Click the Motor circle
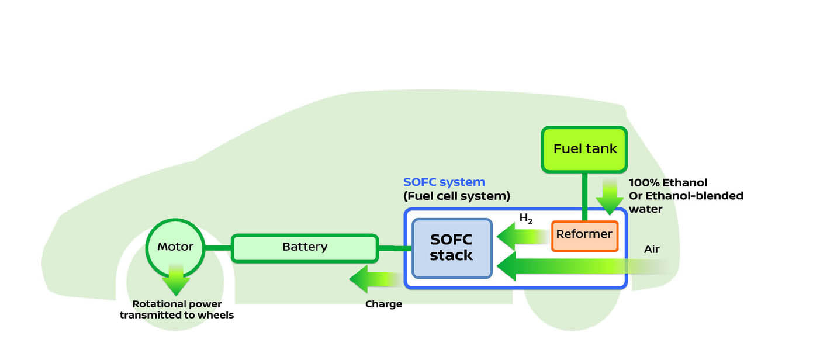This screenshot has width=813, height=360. (x=175, y=247)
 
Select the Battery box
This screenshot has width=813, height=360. (x=305, y=248)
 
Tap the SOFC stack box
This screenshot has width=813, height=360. (x=451, y=248)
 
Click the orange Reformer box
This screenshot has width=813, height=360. (x=584, y=235)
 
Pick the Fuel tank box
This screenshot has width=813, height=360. (x=584, y=149)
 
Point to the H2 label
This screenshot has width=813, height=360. (x=526, y=219)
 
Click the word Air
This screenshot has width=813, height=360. (x=652, y=250)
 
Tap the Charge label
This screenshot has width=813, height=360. (x=383, y=304)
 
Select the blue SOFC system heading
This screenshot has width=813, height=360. (x=444, y=182)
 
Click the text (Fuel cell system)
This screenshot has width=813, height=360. (x=456, y=196)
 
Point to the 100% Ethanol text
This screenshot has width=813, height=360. (x=667, y=183)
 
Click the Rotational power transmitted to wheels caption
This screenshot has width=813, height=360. (x=177, y=310)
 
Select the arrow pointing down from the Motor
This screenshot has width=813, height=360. (x=175, y=281)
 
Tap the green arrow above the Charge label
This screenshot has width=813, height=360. (x=374, y=279)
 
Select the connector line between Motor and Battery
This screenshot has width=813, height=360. (x=219, y=248)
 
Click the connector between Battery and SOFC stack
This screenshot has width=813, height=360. (x=395, y=248)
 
